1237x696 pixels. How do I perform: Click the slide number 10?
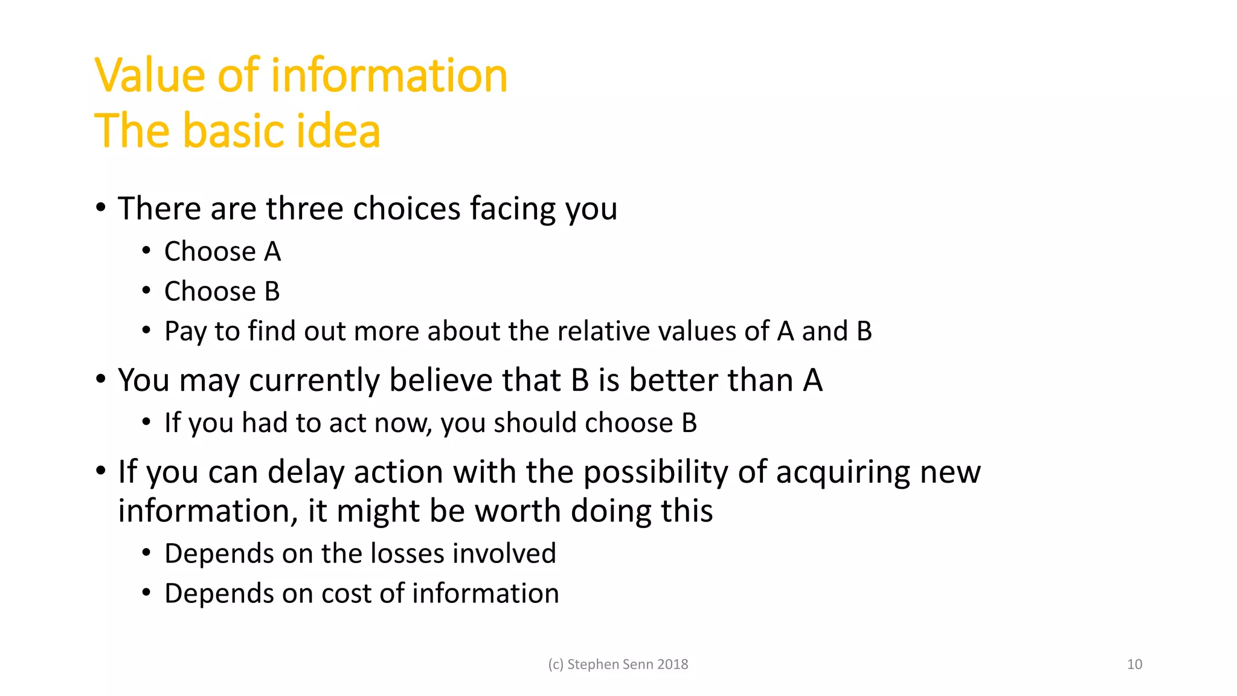tap(1134, 665)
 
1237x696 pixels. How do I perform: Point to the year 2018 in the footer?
tap(672, 665)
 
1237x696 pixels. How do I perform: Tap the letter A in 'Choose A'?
tap(272, 252)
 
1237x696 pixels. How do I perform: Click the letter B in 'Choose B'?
tap(272, 292)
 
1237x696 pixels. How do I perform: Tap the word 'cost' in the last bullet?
tap(346, 594)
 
